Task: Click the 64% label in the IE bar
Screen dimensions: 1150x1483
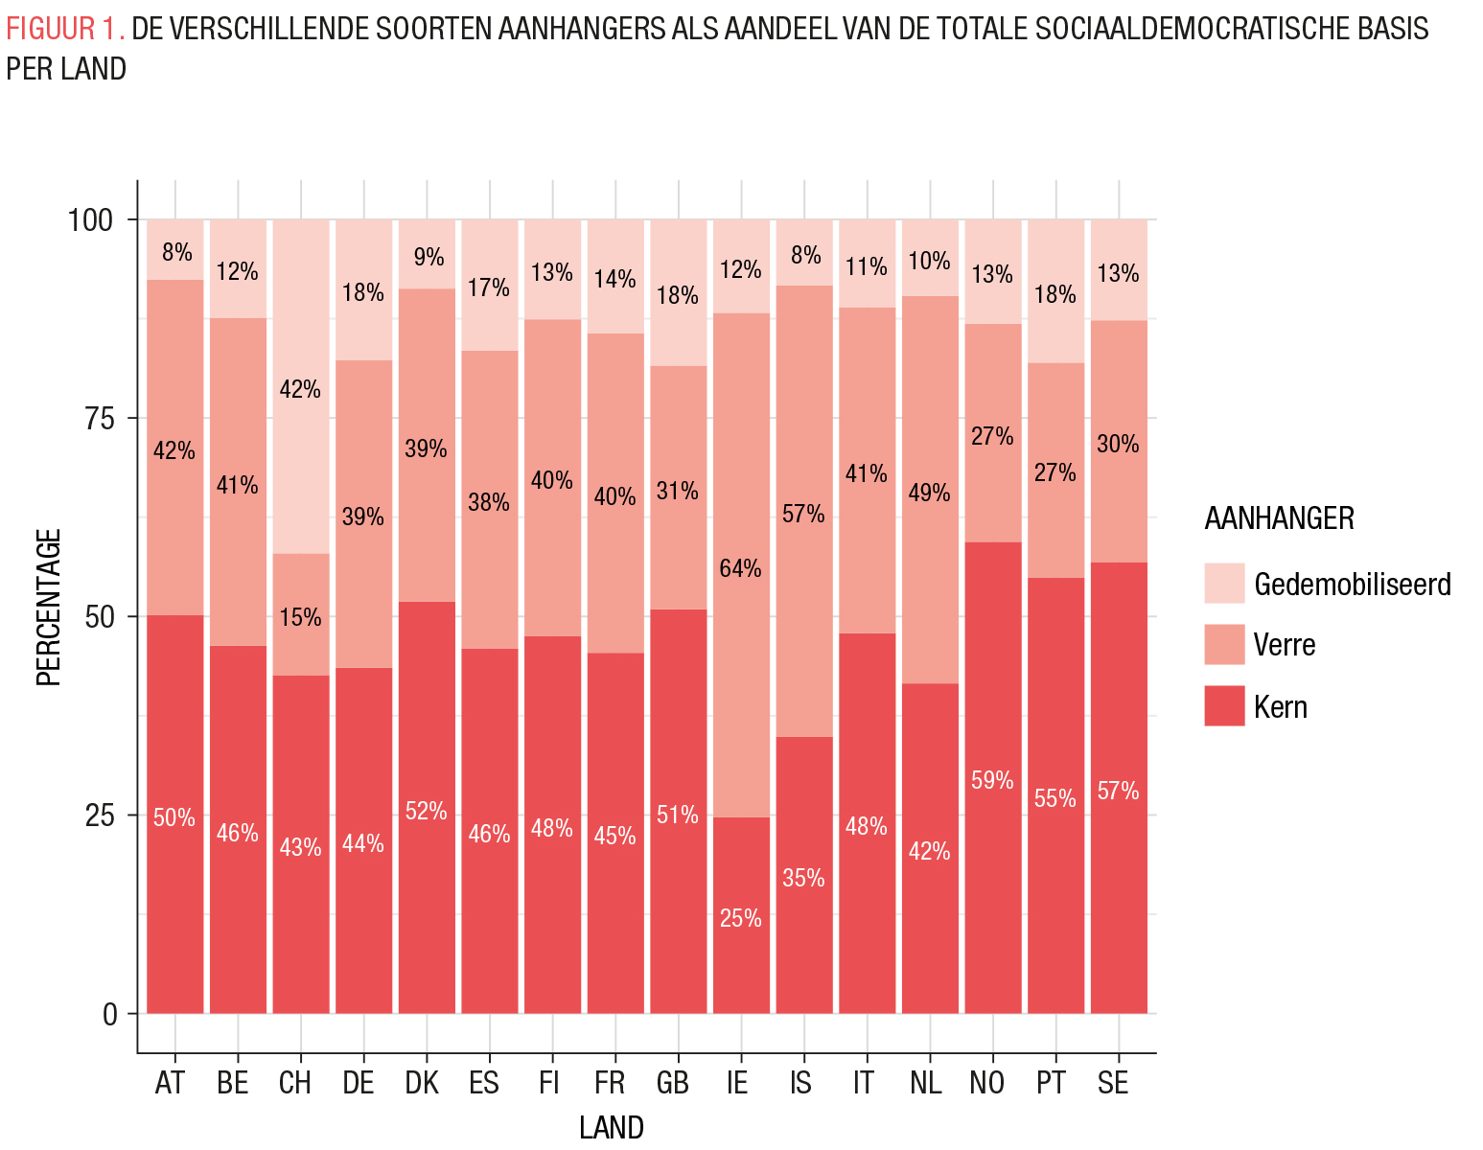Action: [740, 568]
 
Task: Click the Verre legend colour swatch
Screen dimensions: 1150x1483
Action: [1224, 645]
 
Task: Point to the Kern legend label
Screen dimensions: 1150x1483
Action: [1280, 707]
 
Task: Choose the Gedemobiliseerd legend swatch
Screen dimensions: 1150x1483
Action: [1224, 583]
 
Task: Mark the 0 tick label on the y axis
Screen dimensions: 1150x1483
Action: [109, 1014]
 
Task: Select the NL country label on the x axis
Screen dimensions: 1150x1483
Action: [925, 1083]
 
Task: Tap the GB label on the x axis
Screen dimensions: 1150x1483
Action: [673, 1083]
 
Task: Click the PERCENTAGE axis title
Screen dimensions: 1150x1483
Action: [49, 607]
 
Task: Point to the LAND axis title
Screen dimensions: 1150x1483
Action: [611, 1127]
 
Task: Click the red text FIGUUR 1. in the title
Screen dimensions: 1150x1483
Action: [65, 30]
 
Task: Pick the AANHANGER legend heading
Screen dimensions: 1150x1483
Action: [1279, 518]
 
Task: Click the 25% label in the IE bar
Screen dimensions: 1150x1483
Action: [740, 918]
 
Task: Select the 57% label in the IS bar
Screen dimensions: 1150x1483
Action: [802, 514]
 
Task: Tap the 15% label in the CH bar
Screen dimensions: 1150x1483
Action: [300, 617]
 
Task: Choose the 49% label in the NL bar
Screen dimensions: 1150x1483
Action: [929, 493]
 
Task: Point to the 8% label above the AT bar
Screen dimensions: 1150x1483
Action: [176, 253]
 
